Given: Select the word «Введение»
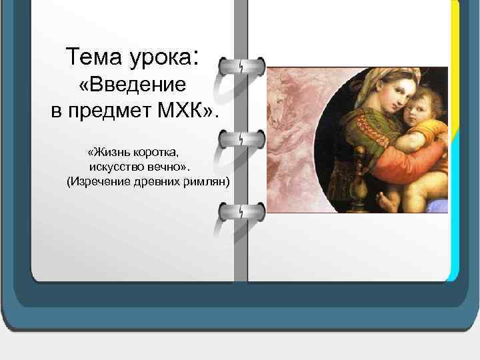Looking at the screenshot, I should tap(137, 85).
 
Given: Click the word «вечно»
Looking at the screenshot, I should tap(176, 167).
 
